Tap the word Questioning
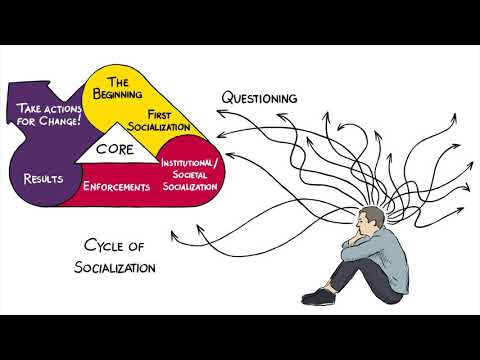click(x=261, y=98)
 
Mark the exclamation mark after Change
click(x=82, y=121)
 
